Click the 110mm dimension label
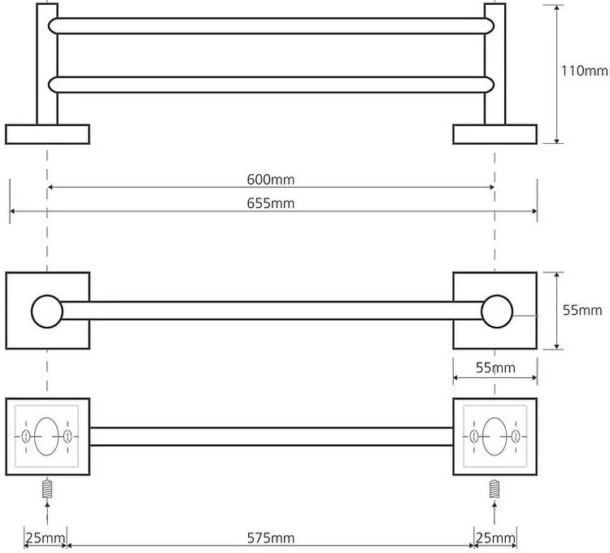pyautogui.click(x=584, y=71)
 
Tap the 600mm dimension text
pyautogui.click(x=271, y=180)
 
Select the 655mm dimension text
pyautogui.click(x=271, y=203)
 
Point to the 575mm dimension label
pyautogui.click(x=271, y=538)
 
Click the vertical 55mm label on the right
pyautogui.click(x=582, y=311)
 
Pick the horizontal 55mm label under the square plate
pyautogui.click(x=495, y=368)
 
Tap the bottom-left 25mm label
pyautogui.click(x=46, y=538)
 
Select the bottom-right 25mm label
pyautogui.click(x=495, y=538)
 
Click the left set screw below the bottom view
pyautogui.click(x=47, y=489)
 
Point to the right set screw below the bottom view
pyautogui.click(x=495, y=489)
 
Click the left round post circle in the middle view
pyautogui.click(x=47, y=311)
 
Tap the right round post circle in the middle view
pyautogui.click(x=497, y=311)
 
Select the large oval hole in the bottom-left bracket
pyautogui.click(x=46, y=437)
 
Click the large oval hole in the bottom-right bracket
pyautogui.click(x=495, y=437)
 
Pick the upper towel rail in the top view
pyautogui.click(x=271, y=26)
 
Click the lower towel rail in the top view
pyautogui.click(x=271, y=85)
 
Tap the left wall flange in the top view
pyautogui.click(x=47, y=134)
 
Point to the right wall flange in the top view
pyautogui.click(x=495, y=134)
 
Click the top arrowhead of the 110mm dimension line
pyautogui.click(x=557, y=7)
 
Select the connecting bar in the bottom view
pyautogui.click(x=272, y=437)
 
